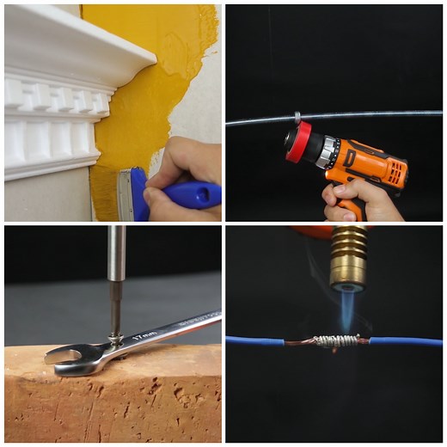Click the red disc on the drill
(297, 142)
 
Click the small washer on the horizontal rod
(296, 117)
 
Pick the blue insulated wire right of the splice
(404, 341)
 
